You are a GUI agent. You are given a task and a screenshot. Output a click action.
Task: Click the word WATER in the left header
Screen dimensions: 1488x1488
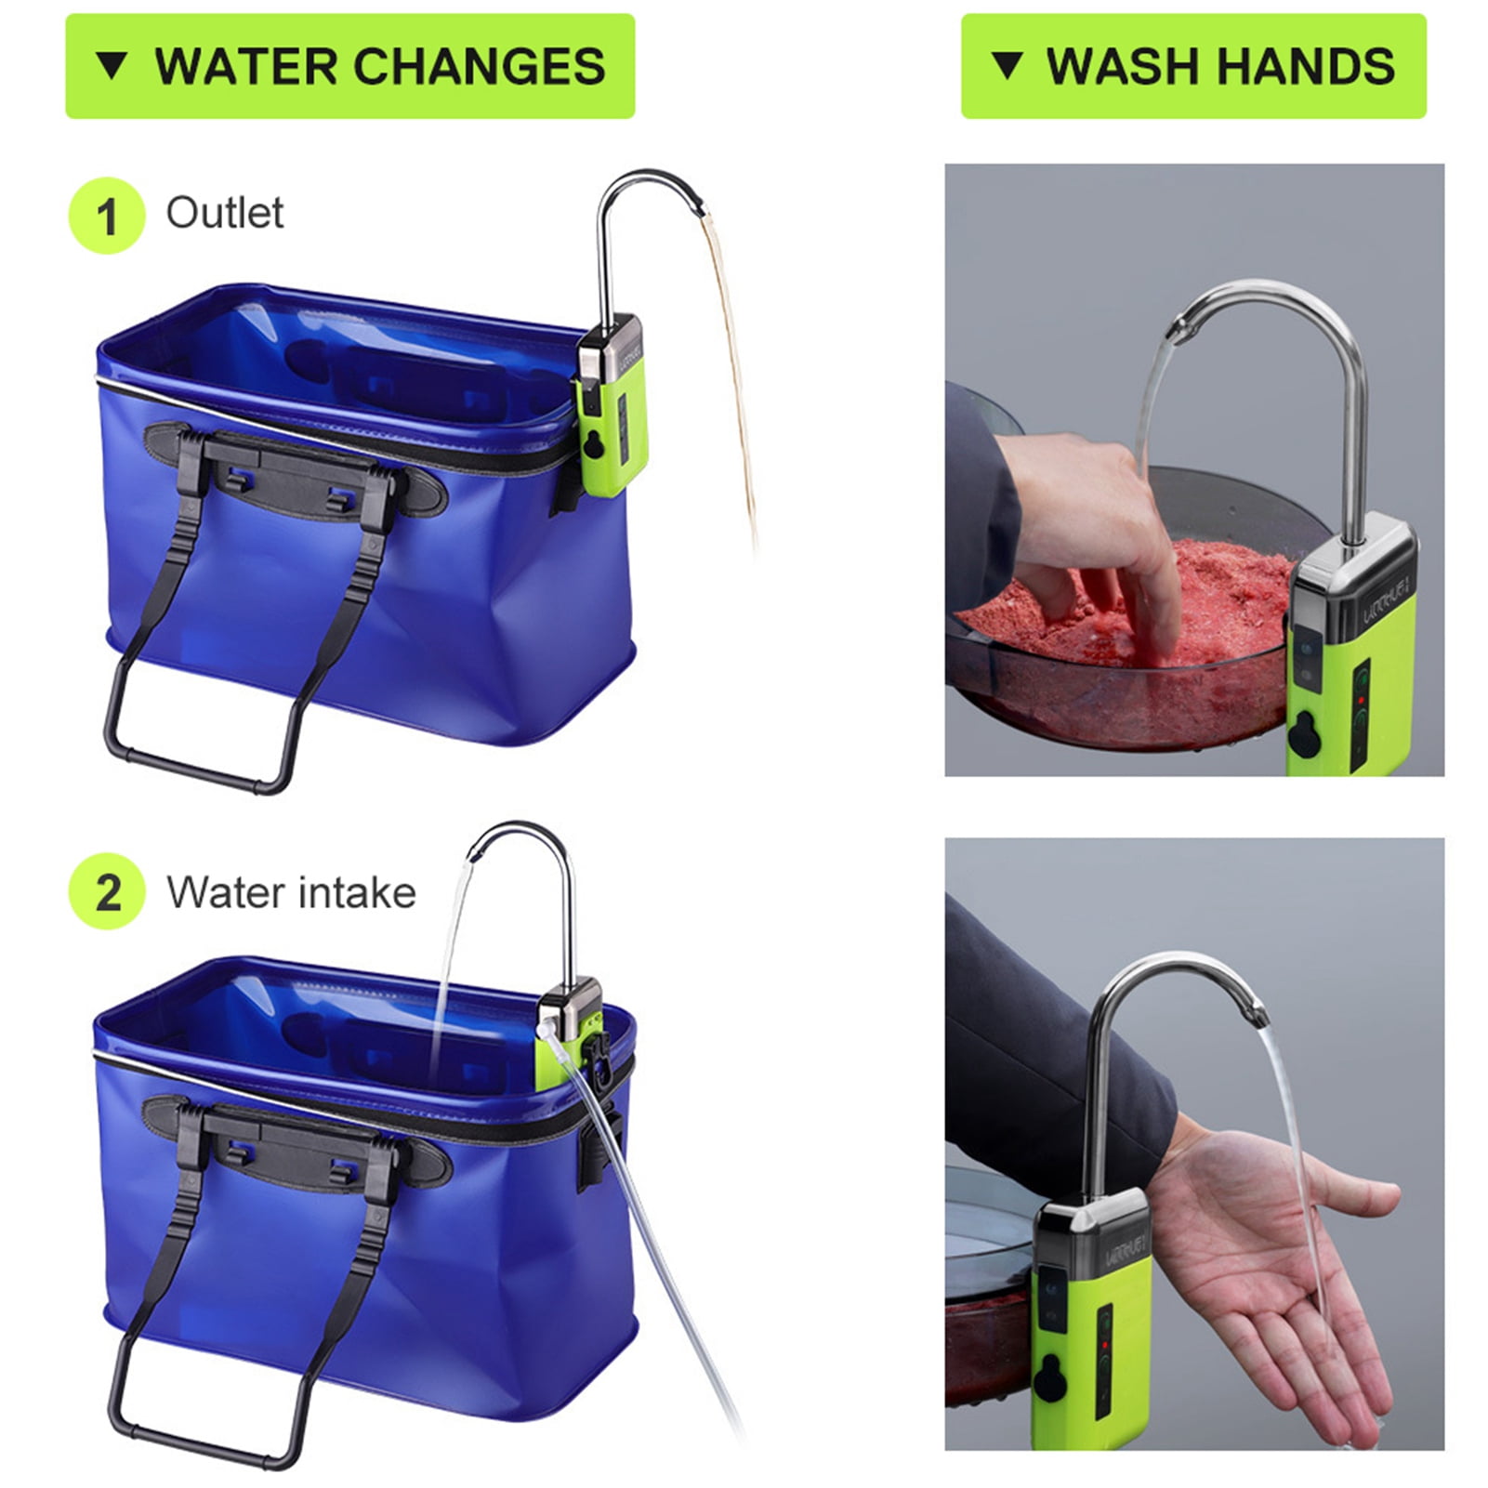tap(246, 66)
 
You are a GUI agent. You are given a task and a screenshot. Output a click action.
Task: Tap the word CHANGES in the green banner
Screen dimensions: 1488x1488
tap(479, 66)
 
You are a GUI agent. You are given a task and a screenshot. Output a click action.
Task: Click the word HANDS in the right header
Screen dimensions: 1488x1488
tap(1305, 66)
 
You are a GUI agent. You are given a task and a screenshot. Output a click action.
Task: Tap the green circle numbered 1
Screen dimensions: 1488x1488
tap(107, 216)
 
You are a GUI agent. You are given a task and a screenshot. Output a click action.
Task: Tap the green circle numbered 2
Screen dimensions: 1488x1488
tap(107, 892)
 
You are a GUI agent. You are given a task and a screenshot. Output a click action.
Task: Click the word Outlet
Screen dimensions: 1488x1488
tap(225, 213)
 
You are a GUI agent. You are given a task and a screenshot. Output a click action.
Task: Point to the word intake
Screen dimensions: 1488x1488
tap(357, 892)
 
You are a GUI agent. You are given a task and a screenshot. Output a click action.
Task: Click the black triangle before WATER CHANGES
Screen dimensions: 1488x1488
tap(112, 66)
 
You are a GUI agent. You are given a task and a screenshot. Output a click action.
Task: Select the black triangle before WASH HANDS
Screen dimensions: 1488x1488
tap(1007, 66)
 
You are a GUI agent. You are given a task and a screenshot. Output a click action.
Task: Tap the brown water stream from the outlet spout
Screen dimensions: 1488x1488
tap(732, 372)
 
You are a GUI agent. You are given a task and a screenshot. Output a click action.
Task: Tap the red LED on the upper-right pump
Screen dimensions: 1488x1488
tap(1361, 700)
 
